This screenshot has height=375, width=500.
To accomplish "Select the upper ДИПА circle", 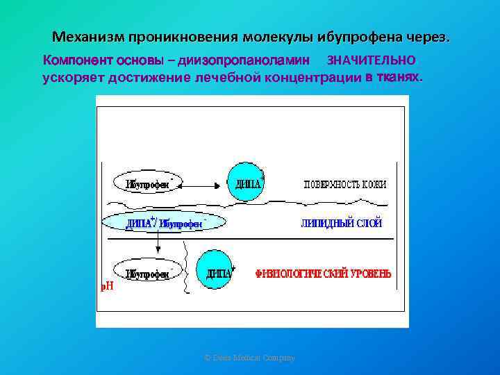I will [245, 182].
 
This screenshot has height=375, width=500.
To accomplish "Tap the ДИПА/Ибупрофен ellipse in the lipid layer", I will [164, 222].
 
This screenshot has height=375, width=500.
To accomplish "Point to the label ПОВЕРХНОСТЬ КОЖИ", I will [345, 184].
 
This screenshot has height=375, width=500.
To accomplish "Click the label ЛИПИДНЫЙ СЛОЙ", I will [341, 224].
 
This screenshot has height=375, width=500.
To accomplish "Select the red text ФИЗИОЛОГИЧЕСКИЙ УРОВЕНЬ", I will [324, 274].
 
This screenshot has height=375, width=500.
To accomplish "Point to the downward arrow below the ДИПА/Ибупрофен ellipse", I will [158, 244].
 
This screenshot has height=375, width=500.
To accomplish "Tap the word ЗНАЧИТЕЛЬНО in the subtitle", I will [371, 60].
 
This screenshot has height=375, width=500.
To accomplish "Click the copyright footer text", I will [250, 358].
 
